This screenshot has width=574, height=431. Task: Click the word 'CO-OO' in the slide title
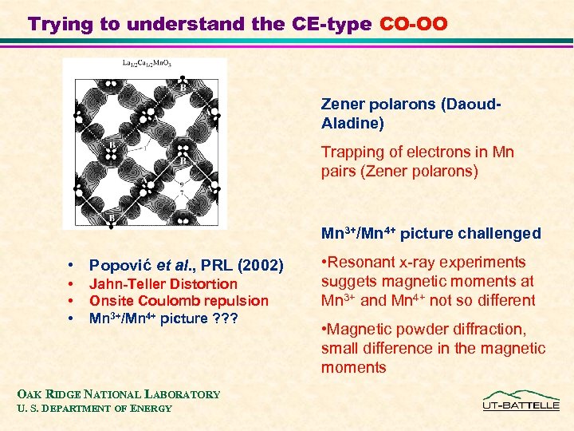click(x=414, y=24)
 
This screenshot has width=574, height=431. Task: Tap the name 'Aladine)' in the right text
click(x=352, y=123)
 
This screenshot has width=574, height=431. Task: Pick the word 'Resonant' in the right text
click(x=362, y=262)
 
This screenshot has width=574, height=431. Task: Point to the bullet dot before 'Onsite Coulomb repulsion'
click(x=72, y=301)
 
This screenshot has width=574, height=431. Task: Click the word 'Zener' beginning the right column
click(x=342, y=104)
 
